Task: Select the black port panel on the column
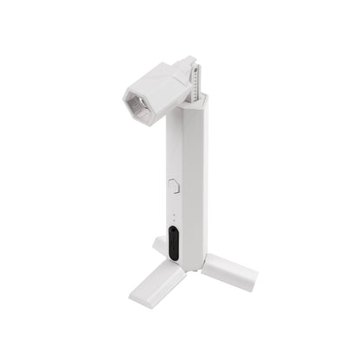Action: point(173,244)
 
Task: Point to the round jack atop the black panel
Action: point(173,233)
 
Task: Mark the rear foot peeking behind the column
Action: point(159,247)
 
